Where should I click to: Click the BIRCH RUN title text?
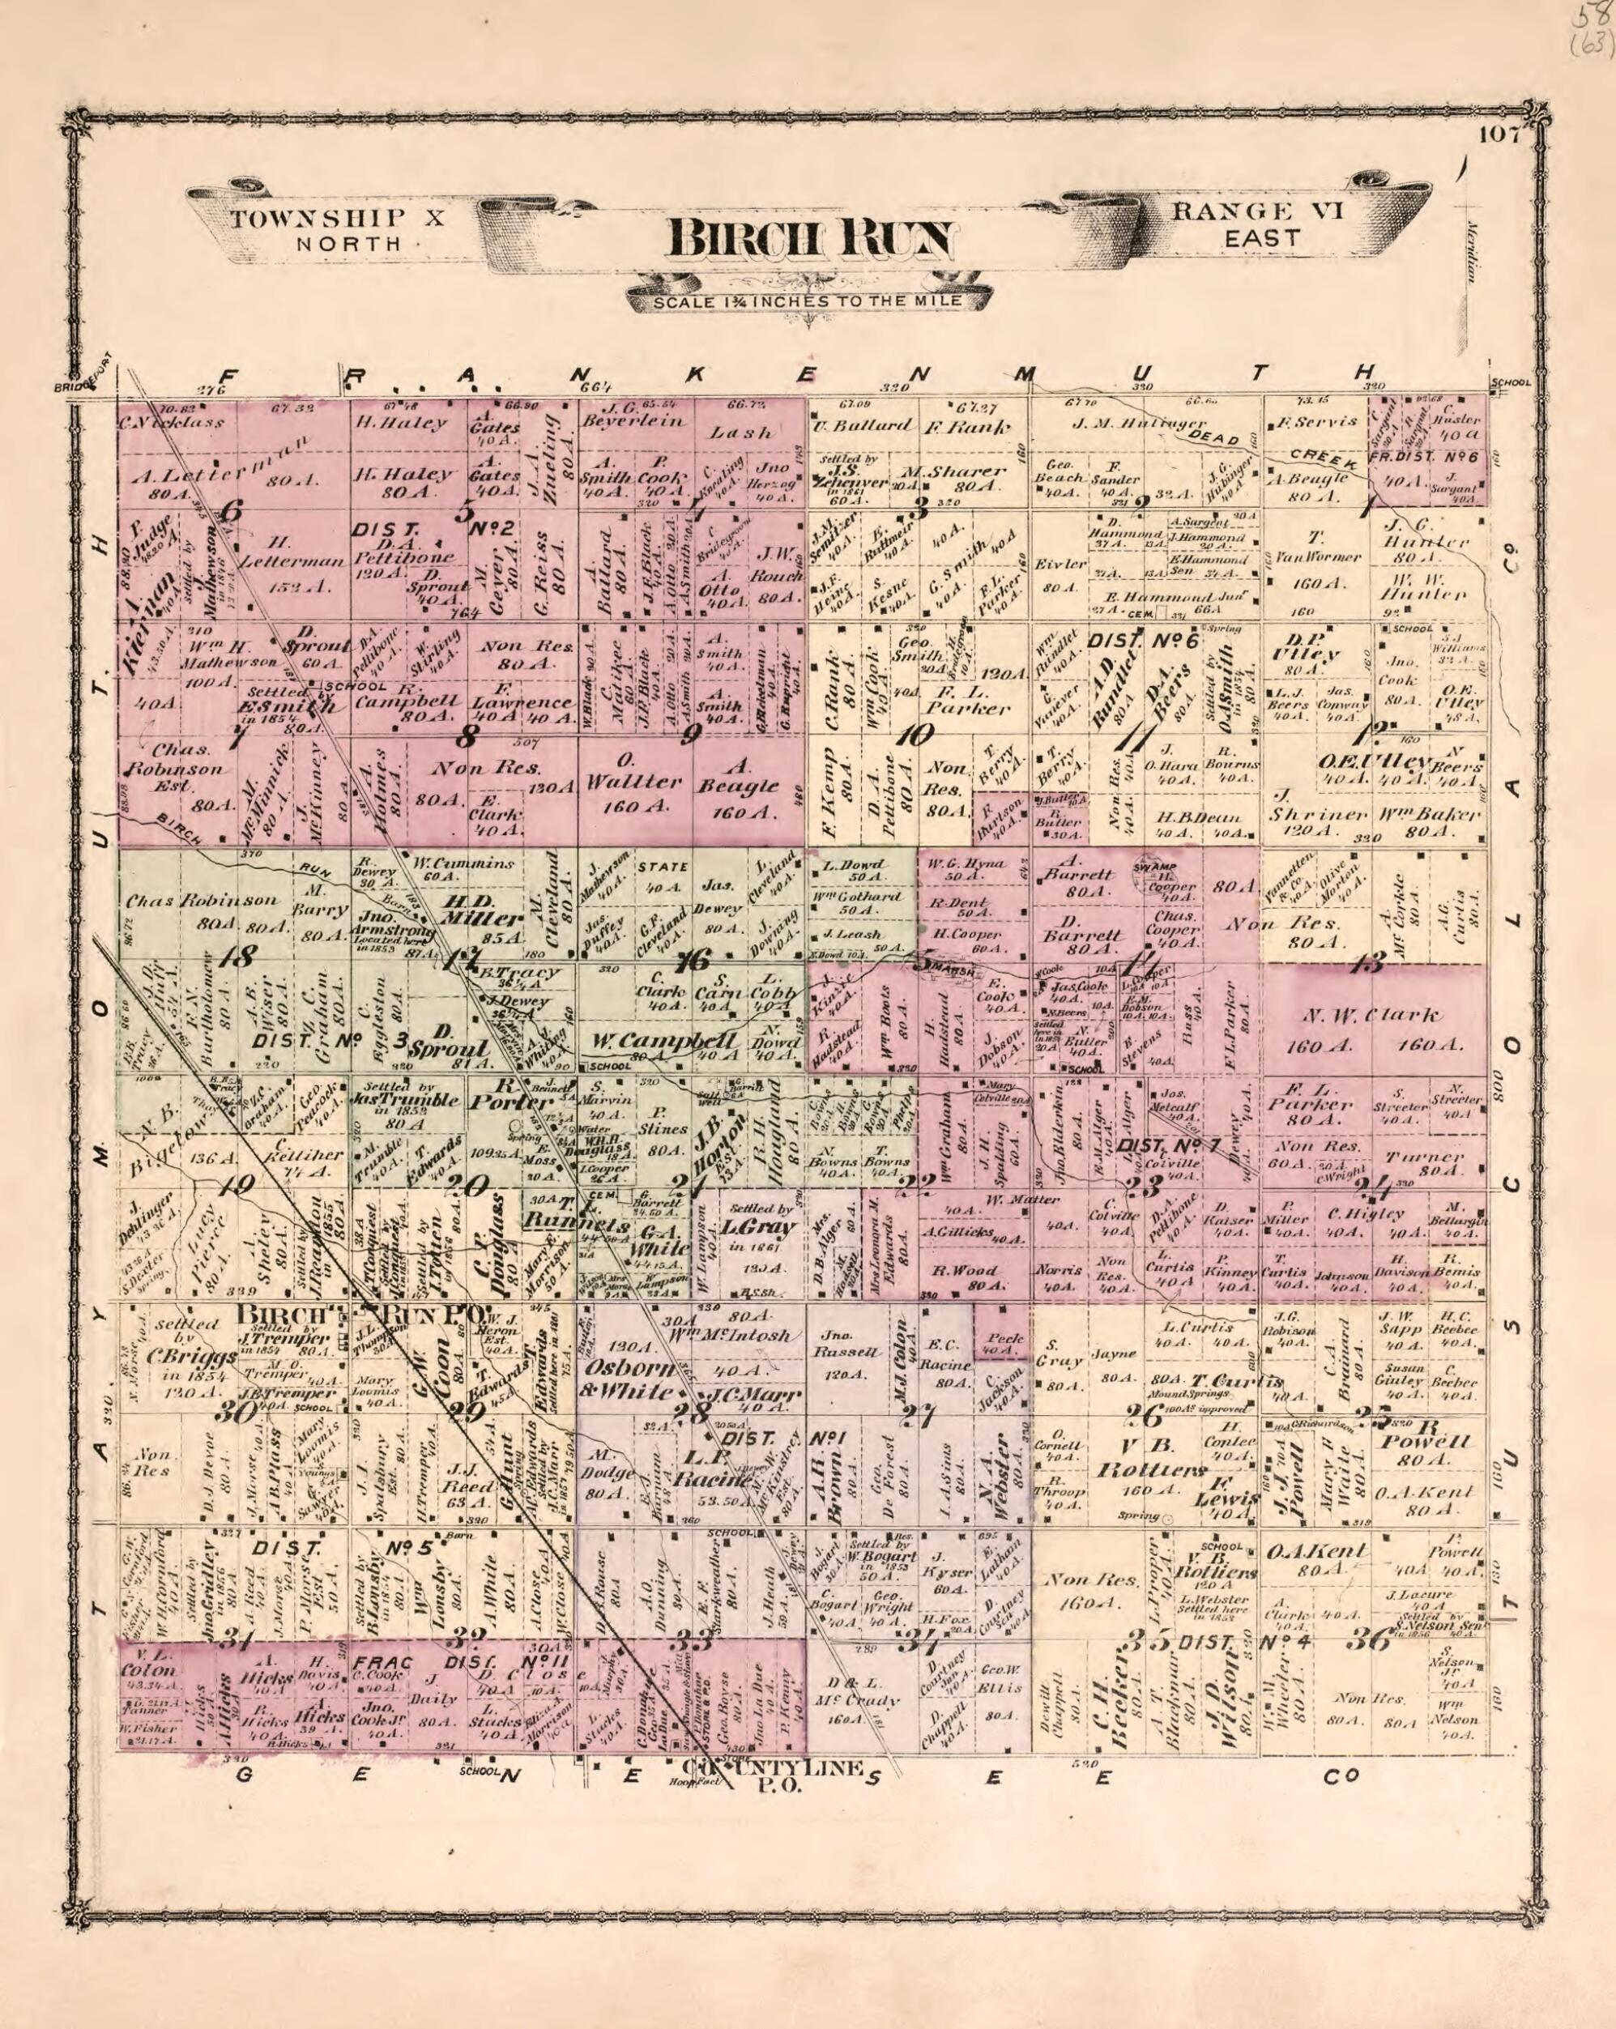pyautogui.click(x=808, y=239)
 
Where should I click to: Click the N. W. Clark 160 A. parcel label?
pyautogui.click(x=1375, y=1029)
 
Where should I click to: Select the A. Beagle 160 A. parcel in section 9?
pyautogui.click(x=739, y=797)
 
